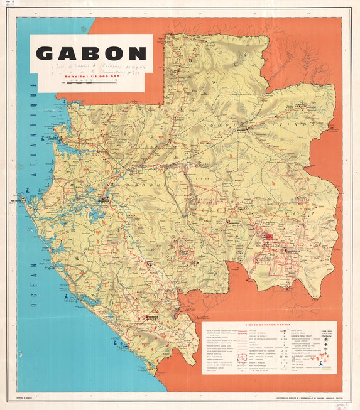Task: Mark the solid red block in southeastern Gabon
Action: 269,237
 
